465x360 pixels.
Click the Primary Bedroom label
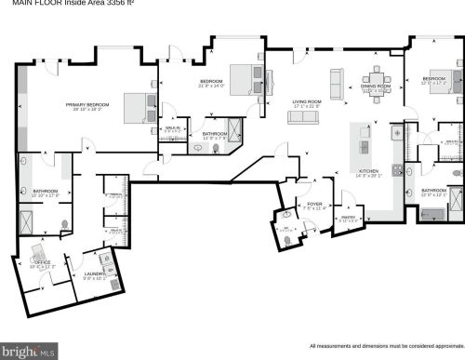tap(87, 105)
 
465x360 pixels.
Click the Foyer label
tap(315, 205)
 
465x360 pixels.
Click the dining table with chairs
tap(377, 74)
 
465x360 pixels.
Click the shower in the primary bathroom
tap(27, 222)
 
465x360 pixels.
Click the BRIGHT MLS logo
tap(30, 351)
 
